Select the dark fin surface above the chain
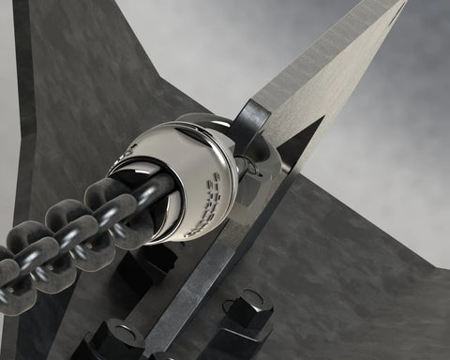pyautogui.click(x=103, y=94)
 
